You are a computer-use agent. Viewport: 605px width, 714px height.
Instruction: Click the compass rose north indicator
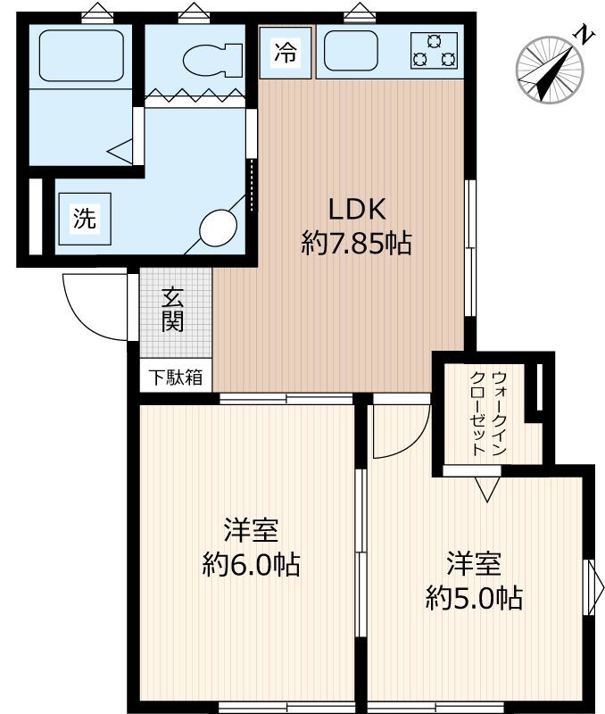click(x=548, y=70)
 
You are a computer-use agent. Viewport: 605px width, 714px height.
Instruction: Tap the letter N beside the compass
click(x=584, y=36)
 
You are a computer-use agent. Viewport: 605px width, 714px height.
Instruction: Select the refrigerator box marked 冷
click(x=285, y=53)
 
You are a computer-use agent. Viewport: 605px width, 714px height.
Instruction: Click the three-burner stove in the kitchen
click(x=434, y=51)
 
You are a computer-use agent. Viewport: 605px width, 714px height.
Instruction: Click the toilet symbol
click(x=213, y=60)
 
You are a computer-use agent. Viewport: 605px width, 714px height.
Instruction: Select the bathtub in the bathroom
click(x=79, y=56)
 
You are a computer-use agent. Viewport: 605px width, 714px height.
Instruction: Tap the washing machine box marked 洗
click(x=84, y=219)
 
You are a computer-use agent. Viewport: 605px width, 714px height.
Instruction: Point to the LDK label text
click(x=357, y=210)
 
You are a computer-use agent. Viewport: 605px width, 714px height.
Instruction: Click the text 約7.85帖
click(x=357, y=243)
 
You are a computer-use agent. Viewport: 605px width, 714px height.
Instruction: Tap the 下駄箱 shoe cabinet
click(x=174, y=378)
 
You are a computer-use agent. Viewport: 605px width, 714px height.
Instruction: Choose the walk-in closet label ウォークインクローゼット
click(x=489, y=412)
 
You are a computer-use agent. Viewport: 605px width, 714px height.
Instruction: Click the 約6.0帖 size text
click(x=251, y=565)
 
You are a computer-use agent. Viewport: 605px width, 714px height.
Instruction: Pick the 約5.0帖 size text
click(x=474, y=596)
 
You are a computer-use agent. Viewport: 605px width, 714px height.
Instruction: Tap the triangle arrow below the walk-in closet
click(x=485, y=489)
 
